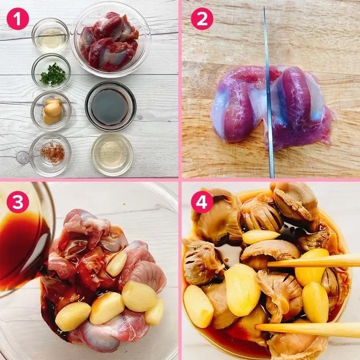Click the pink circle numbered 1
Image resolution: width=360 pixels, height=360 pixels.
[17, 19]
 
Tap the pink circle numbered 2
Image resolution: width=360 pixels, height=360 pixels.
[202, 19]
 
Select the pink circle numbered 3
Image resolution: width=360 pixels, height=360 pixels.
[17, 202]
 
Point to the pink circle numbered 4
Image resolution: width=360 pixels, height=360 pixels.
[202, 202]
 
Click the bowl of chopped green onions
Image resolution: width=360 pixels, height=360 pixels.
[51, 72]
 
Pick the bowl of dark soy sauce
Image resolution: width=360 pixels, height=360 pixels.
[111, 106]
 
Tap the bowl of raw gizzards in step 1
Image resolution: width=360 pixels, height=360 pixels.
[111, 40]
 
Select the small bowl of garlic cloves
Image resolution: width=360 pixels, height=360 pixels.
[51, 111]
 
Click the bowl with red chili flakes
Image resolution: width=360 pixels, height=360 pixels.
[50, 154]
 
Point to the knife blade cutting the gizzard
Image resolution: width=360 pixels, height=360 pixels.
[269, 92]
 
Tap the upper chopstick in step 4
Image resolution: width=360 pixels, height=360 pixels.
[314, 261]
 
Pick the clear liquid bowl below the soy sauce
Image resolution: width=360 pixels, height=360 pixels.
[112, 154]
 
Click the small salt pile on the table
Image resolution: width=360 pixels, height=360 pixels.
[23, 157]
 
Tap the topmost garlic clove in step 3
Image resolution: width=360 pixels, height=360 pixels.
[117, 263]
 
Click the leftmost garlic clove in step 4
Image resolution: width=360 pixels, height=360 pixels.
[199, 306]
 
